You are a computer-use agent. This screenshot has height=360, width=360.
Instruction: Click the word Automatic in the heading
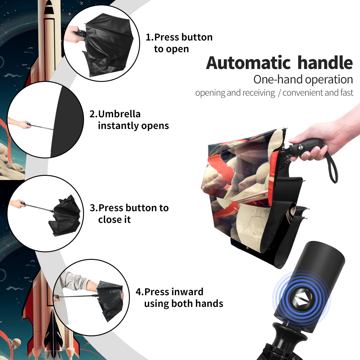coord(248,63)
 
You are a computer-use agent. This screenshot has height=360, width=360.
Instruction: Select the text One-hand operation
coord(303,79)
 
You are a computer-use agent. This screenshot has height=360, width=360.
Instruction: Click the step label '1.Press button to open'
coord(179,43)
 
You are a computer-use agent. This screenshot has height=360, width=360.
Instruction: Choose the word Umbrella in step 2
coord(119,114)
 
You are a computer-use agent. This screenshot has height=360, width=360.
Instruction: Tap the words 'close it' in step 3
coord(114,220)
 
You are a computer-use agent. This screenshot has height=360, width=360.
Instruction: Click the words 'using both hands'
coord(184,304)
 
